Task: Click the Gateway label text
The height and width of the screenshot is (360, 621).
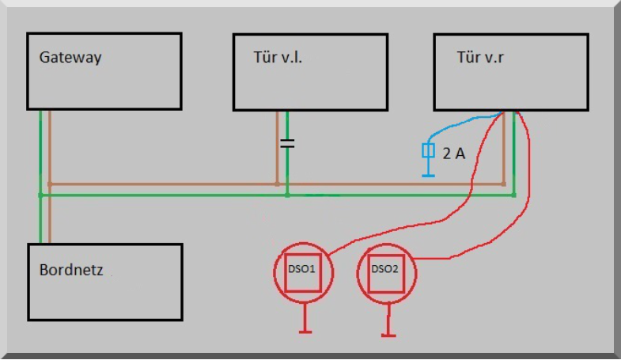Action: coord(70,58)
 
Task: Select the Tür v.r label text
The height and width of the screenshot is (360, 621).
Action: coord(480,57)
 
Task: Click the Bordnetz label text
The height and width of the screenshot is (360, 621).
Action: coord(71,270)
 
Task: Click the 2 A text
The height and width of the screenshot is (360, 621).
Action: coord(453,153)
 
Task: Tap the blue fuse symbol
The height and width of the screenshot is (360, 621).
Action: coord(429,151)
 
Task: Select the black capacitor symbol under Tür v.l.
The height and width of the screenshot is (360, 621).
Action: coord(287,144)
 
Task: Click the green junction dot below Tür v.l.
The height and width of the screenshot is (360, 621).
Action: coord(287,194)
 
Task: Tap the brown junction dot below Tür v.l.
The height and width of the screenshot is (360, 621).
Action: coord(277,184)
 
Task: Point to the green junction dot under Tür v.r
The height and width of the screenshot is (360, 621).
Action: coord(513,194)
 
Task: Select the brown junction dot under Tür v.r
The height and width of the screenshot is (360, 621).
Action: coord(504,184)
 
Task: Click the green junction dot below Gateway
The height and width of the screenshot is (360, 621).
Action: coord(40,194)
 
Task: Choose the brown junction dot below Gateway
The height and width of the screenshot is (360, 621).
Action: coord(50,184)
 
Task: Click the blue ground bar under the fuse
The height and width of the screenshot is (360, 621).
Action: coord(429,174)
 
